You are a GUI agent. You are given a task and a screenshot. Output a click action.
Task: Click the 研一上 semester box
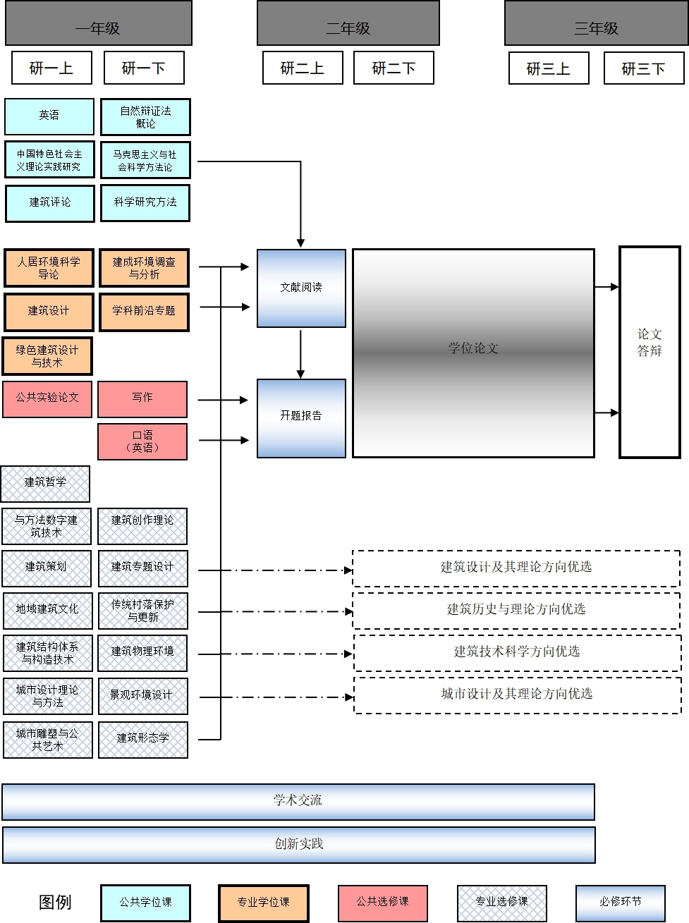[51, 68]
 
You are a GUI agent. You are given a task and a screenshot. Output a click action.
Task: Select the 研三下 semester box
[643, 68]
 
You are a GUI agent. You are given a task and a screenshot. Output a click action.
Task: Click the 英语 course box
[49, 116]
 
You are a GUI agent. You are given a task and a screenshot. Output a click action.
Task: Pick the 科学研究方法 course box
[145, 202]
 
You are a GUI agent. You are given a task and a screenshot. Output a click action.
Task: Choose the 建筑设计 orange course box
[49, 311]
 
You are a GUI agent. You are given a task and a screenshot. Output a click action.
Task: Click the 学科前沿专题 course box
[144, 311]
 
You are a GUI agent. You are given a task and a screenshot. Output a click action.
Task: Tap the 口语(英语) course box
[142, 441]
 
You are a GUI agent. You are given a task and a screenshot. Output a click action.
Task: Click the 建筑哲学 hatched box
[46, 483]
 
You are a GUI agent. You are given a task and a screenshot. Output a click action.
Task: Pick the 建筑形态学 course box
[143, 739]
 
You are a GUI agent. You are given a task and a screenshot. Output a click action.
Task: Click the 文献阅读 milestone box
[301, 288]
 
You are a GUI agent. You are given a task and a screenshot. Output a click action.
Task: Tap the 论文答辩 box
[650, 351]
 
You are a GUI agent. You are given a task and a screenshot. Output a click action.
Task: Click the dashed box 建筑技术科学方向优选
[517, 652]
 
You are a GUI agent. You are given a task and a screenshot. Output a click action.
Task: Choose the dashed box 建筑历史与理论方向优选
[516, 610]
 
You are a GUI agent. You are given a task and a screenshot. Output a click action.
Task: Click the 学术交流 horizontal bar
[298, 801]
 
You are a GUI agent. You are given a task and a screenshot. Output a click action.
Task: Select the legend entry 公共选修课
[382, 902]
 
